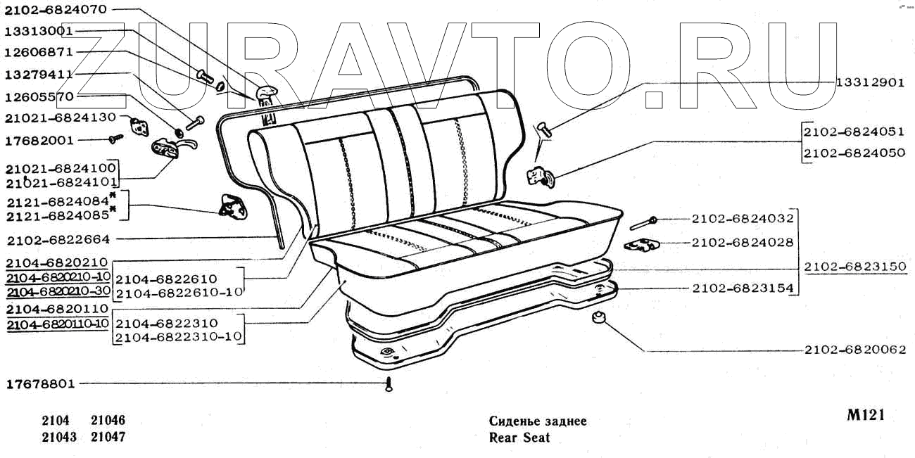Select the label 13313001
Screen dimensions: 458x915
tap(39, 31)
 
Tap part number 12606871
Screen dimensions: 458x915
tap(39, 52)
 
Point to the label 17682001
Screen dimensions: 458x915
tap(39, 140)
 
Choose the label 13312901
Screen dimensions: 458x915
tap(870, 82)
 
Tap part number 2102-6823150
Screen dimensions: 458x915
tap(852, 267)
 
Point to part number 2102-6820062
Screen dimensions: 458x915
tap(854, 350)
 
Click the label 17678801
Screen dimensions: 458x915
tap(39, 384)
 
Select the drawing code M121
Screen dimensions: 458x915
tap(865, 415)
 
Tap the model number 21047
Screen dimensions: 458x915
tap(108, 437)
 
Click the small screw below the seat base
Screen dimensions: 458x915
tap(389, 385)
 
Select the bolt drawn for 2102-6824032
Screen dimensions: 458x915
tap(643, 223)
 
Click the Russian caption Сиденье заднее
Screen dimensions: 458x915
tap(538, 421)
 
